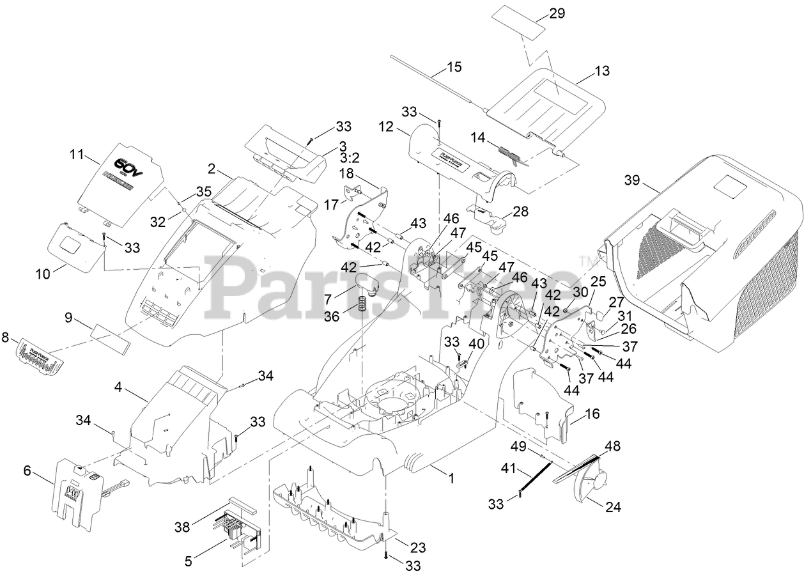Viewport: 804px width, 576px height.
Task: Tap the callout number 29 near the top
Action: (x=557, y=13)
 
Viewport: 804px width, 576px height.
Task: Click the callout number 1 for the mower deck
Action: (x=451, y=477)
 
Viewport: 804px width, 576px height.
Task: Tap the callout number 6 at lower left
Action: (x=27, y=470)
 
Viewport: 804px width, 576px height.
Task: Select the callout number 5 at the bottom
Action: (x=188, y=561)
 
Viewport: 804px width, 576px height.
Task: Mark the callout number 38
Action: (x=183, y=527)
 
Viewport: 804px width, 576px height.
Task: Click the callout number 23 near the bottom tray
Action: (x=418, y=548)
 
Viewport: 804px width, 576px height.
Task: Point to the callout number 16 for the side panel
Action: (x=592, y=414)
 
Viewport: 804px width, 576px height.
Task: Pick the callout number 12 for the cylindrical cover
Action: (x=403, y=128)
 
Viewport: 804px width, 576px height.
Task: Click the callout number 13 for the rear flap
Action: (x=602, y=70)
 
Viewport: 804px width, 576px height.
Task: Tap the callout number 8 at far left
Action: (x=6, y=337)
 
